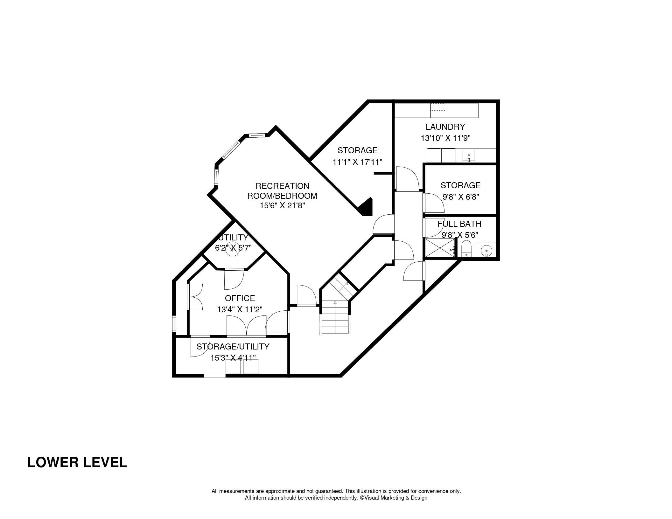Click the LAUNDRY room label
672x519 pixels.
coord(445,127)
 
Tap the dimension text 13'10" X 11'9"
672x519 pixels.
coord(445,138)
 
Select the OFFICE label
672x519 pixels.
coord(240,298)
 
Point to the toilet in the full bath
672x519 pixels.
coord(466,248)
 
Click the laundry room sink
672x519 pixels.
coord(468,156)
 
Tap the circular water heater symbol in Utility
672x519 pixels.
coord(233,248)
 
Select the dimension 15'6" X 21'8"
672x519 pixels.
coord(283,206)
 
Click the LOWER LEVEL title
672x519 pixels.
coord(77,462)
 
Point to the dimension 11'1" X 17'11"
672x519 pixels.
coord(357,162)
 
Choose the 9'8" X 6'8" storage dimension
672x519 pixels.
coord(461,197)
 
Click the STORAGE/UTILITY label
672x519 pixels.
coord(233,346)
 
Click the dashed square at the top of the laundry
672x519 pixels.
coord(438,107)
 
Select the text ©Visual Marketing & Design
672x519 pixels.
coord(394,498)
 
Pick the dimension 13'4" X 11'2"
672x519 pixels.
coord(240,309)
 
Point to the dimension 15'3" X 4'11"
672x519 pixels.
coord(233,358)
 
